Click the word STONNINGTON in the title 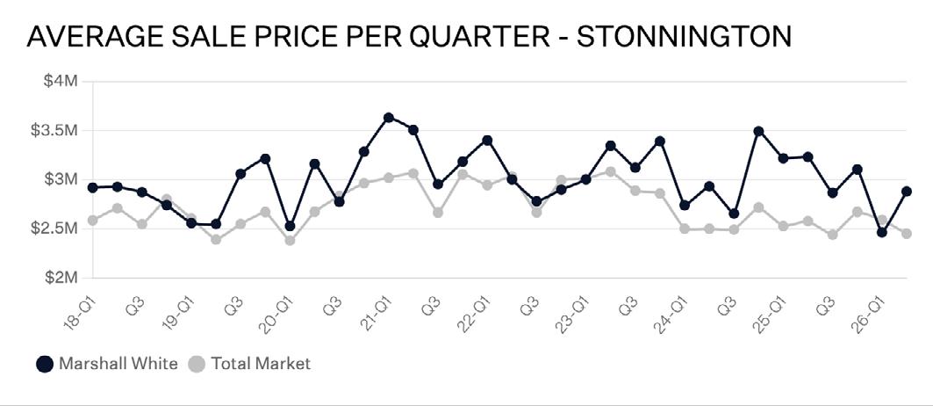click(x=685, y=37)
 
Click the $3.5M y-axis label click(x=54, y=130)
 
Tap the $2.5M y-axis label click(x=54, y=228)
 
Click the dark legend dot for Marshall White click(x=45, y=364)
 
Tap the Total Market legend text click(x=261, y=363)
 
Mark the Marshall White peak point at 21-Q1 click(x=389, y=118)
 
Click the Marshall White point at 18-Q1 click(x=92, y=188)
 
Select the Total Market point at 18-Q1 click(x=92, y=221)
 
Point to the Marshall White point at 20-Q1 click(x=290, y=226)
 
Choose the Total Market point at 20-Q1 click(x=290, y=240)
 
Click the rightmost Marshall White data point click(x=907, y=192)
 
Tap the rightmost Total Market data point click(x=907, y=234)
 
